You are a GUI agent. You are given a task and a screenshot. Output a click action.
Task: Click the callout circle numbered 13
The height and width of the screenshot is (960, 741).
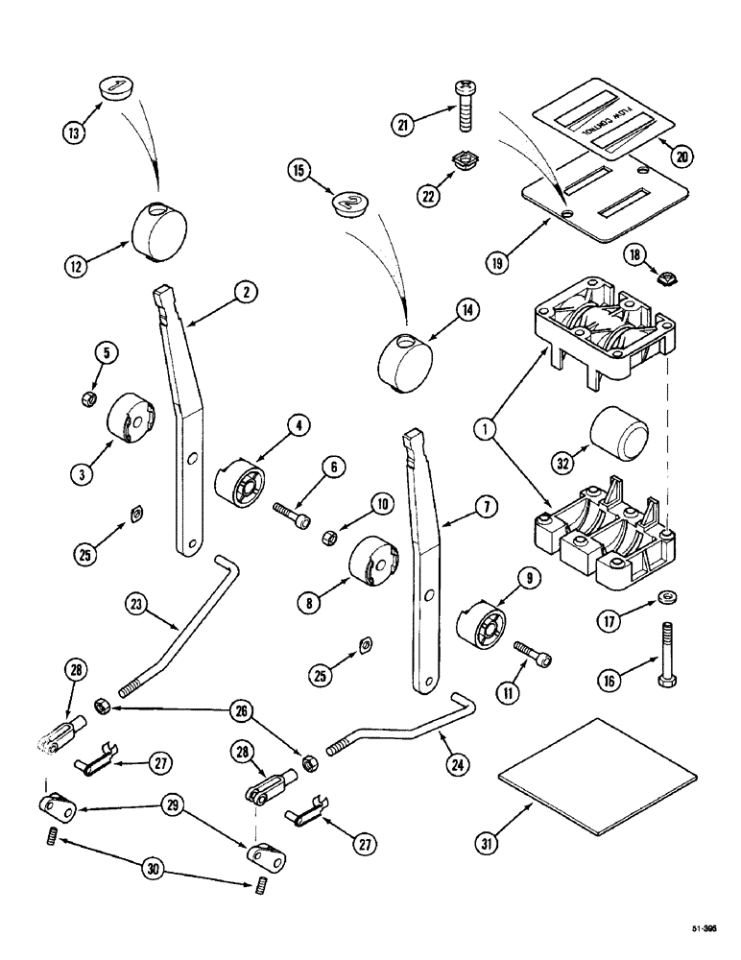pyautogui.click(x=73, y=131)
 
